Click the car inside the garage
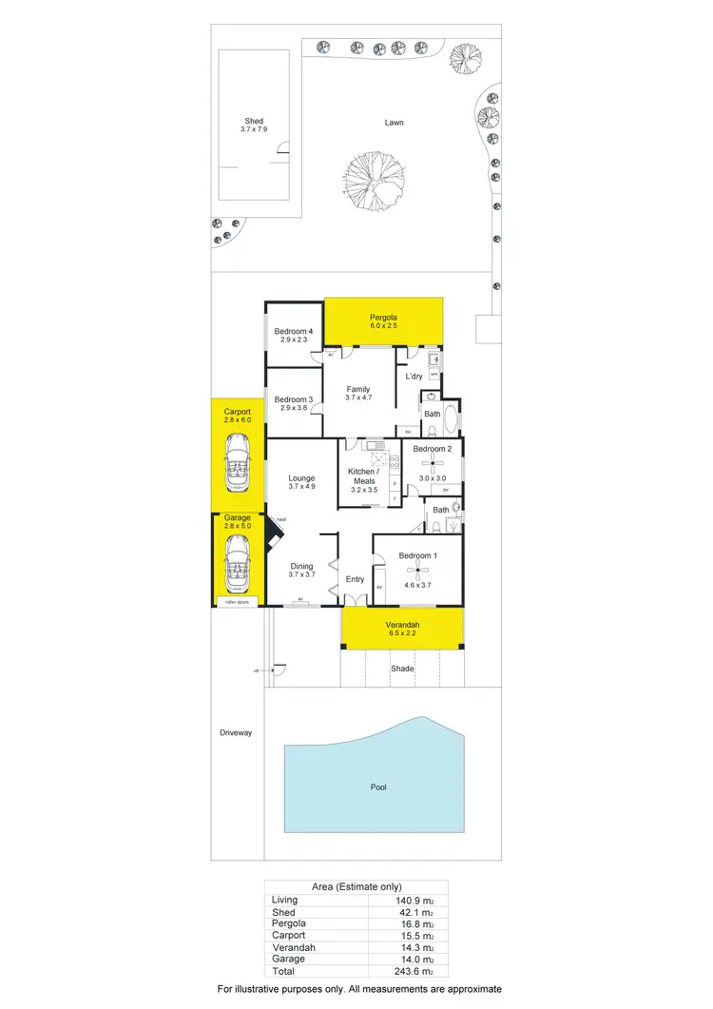tap(236, 565)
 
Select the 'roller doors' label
tap(236, 602)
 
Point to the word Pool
tap(379, 787)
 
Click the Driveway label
tap(236, 732)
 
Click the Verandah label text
tap(402, 624)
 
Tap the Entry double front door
tap(355, 600)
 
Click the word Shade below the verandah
tap(403, 669)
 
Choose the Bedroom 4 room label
tap(294, 331)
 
